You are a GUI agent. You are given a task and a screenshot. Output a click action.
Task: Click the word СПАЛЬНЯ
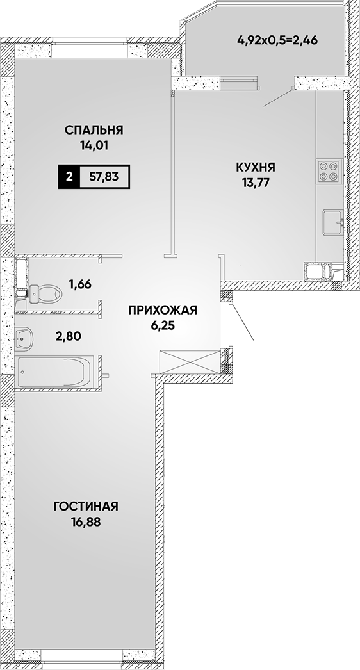tap(94, 129)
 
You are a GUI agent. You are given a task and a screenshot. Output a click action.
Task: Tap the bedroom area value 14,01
tap(94, 145)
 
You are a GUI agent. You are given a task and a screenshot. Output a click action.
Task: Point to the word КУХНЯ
tap(255, 167)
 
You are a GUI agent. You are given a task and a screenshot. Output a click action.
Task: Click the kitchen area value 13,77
tap(255, 183)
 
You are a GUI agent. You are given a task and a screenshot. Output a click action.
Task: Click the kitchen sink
tap(333, 222)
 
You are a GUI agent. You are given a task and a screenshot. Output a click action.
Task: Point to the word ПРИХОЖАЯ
tap(163, 310)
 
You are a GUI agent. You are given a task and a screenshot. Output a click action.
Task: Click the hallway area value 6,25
tap(163, 325)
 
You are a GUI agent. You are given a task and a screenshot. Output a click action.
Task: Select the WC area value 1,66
tap(80, 284)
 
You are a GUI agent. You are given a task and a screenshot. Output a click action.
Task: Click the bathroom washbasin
tap(22, 338)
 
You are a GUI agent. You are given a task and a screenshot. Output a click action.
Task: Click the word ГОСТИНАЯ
tap(86, 507)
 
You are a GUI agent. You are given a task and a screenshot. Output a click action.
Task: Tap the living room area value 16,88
tap(86, 522)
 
